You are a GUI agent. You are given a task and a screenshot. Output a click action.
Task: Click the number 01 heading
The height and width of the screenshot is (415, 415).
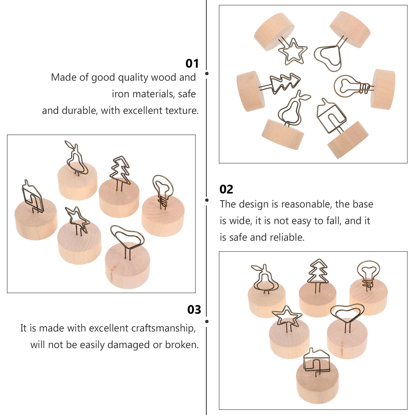click(192, 64)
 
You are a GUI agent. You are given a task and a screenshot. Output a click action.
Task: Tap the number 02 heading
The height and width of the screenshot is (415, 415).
click(226, 189)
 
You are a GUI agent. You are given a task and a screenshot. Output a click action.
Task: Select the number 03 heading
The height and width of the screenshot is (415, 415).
click(194, 310)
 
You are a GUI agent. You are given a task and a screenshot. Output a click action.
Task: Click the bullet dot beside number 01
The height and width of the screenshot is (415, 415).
click(207, 74)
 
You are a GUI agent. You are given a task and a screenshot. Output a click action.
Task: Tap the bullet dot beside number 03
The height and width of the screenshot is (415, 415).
click(207, 322)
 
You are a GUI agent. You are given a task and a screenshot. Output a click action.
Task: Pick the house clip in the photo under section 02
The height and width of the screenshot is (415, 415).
click(316, 361)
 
